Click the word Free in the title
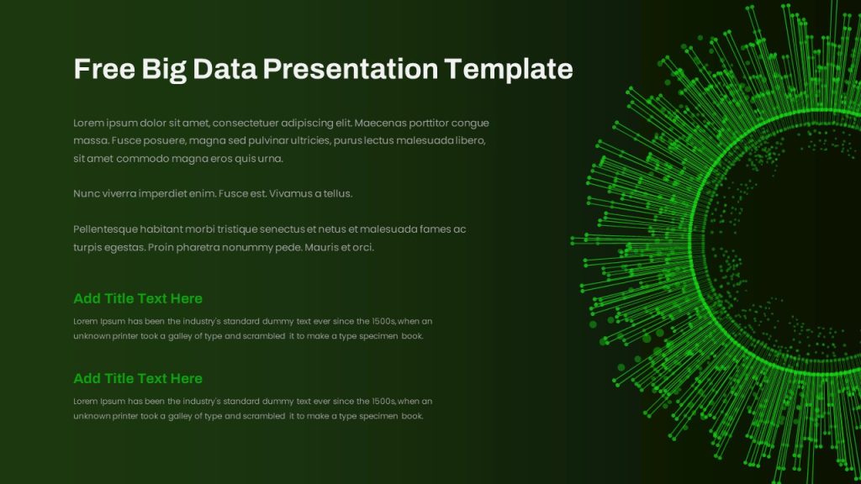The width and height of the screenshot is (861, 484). click(104, 69)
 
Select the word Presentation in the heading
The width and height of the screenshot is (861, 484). click(350, 69)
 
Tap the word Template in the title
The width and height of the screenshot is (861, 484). click(509, 70)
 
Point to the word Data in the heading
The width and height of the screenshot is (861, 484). click(224, 69)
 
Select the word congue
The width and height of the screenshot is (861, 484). click(470, 124)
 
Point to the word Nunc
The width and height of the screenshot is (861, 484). click(87, 194)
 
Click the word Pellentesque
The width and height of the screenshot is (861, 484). click(105, 229)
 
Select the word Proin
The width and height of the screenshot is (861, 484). click(161, 248)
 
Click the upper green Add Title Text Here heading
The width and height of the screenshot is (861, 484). click(138, 298)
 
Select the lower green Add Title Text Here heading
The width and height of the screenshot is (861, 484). click(138, 379)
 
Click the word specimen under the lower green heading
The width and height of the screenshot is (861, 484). click(378, 417)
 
